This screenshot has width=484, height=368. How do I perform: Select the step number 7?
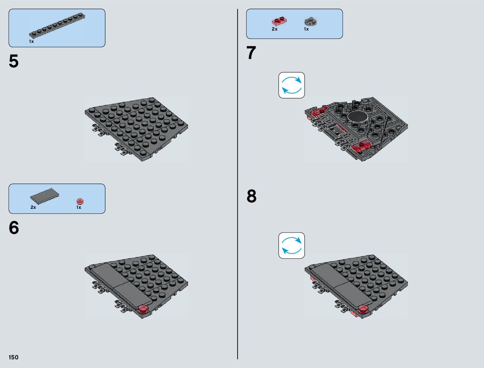click(251, 53)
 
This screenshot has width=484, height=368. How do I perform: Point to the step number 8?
click(252, 196)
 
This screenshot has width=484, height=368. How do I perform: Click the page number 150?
click(13, 357)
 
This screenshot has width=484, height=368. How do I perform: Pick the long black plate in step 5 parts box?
click(57, 26)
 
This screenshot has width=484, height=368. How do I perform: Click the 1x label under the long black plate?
click(31, 41)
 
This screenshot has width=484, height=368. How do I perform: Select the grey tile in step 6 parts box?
click(45, 196)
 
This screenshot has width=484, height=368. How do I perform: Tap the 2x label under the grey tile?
click(33, 207)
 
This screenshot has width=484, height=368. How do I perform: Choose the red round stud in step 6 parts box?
click(80, 201)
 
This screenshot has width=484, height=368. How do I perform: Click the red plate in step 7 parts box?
click(279, 21)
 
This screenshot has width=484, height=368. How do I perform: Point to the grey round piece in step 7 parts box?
click(311, 22)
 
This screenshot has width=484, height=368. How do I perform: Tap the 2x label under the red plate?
click(275, 29)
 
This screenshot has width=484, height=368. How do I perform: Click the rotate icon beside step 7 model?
click(292, 85)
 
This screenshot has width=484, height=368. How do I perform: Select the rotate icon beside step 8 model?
click(292, 246)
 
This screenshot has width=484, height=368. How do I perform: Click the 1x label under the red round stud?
click(79, 207)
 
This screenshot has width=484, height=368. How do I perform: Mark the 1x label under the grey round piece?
click(306, 29)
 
